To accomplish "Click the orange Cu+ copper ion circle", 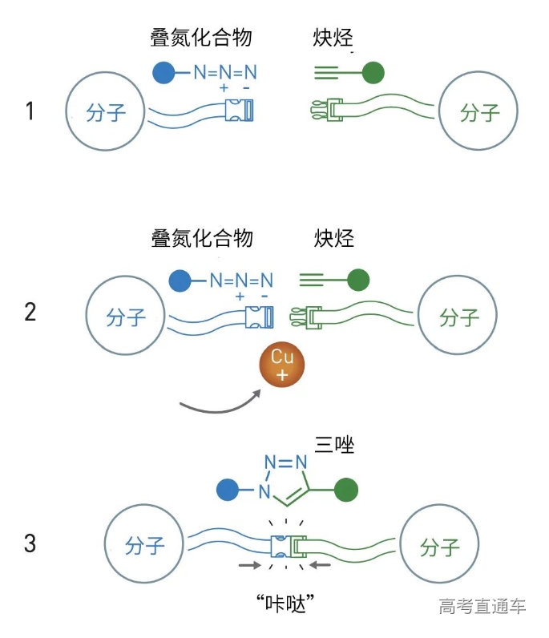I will pos(281,367).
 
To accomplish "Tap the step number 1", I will pos(30,111).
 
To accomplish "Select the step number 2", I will pos(30,311).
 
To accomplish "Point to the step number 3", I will pos(30,543).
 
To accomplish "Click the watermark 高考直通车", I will pos(482,606).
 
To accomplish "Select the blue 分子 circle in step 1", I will pos(106,111).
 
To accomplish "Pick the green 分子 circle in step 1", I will pos(480,112).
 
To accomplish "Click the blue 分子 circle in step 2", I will pos(126,317).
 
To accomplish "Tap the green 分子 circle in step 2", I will pos(458,317).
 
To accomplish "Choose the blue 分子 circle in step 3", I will pos(145,547).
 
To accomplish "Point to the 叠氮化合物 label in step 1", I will pos(201,38).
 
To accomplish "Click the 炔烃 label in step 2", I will pos(334,239).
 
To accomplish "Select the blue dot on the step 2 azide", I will pos(180,281).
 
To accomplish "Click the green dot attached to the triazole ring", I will pos(346,488).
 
